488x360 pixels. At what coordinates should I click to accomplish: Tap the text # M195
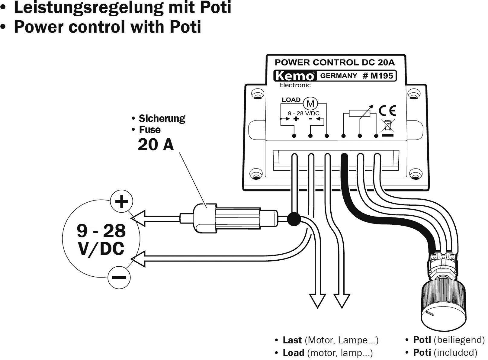(x=378, y=76)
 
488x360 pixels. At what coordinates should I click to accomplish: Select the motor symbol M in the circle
(x=310, y=104)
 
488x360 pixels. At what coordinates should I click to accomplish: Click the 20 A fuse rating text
(x=156, y=144)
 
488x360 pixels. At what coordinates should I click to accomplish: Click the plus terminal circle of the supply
(x=121, y=201)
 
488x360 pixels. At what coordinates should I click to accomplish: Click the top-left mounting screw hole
(x=258, y=94)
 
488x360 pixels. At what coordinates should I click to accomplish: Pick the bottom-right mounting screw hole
(x=415, y=174)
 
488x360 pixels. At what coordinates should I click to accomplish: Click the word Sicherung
(x=162, y=118)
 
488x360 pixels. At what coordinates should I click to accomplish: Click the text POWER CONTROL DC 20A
(x=335, y=63)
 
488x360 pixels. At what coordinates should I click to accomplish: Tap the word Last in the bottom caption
(x=292, y=340)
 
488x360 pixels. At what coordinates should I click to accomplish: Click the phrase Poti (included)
(x=445, y=352)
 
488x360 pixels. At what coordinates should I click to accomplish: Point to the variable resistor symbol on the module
(x=359, y=113)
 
